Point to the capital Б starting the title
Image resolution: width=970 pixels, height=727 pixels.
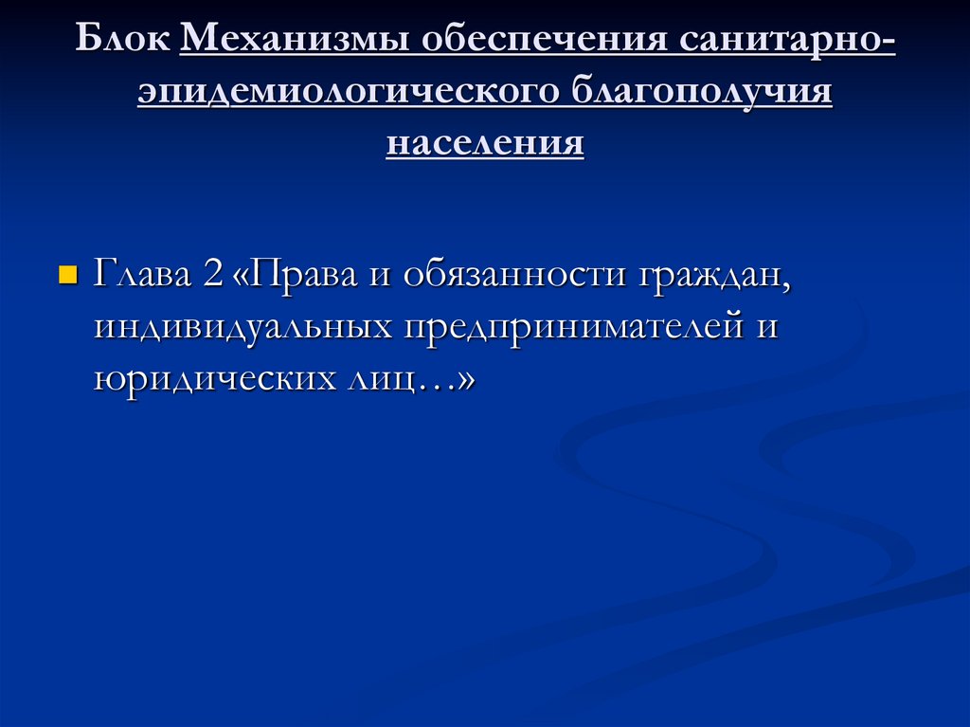86,42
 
